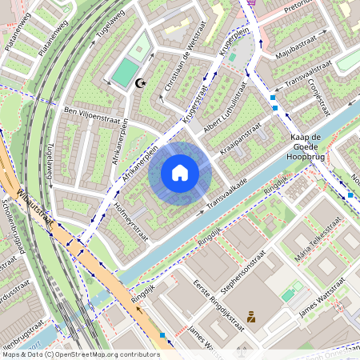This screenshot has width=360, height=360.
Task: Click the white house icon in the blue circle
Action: coord(180,173)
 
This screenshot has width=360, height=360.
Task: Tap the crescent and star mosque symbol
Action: coord(142,83)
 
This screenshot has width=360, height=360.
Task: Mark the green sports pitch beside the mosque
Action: coord(126,72)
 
